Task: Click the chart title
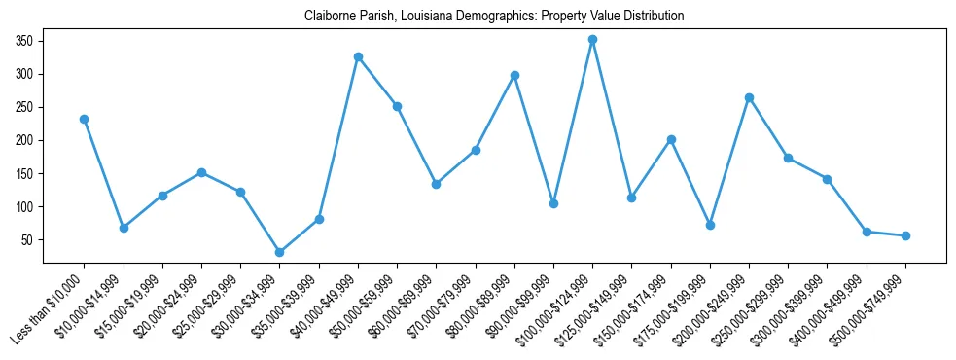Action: pyautogui.click(x=494, y=16)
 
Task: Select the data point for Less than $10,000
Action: pyautogui.click(x=84, y=119)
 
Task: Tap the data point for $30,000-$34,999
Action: pyautogui.click(x=279, y=252)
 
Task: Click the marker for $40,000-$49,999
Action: pyautogui.click(x=358, y=56)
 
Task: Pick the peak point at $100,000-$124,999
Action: pyautogui.click(x=592, y=39)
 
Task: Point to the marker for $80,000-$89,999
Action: pyautogui.click(x=514, y=75)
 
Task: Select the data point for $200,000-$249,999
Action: pyautogui.click(x=749, y=97)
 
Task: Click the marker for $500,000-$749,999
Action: pyautogui.click(x=905, y=235)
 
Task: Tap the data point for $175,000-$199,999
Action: pyautogui.click(x=710, y=225)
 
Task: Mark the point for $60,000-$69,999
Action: pyautogui.click(x=436, y=184)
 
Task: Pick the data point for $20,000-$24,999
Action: pyautogui.click(x=201, y=172)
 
